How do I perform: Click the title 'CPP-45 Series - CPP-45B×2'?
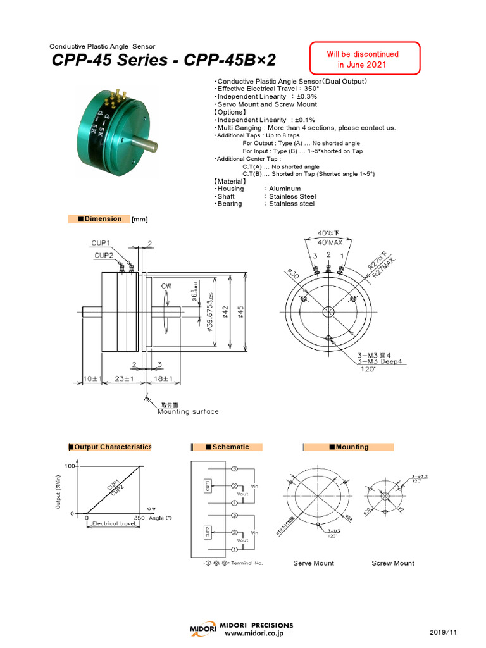click(163, 61)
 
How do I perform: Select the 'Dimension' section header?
click(99, 219)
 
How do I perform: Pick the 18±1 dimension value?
click(163, 378)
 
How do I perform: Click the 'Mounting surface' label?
click(187, 411)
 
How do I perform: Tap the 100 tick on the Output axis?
click(70, 466)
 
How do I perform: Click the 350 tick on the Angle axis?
click(139, 518)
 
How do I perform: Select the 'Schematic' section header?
click(227, 447)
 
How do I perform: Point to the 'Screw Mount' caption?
click(392, 563)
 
